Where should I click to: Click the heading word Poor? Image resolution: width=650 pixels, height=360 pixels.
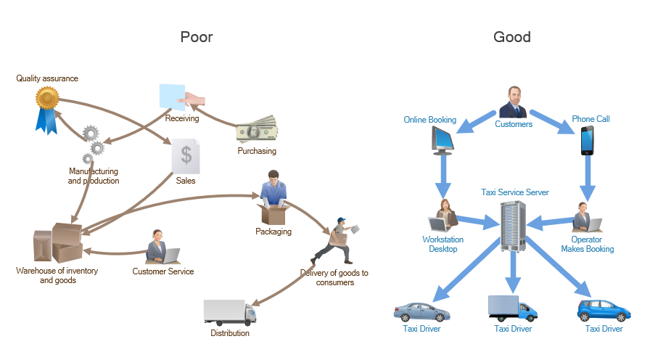coord(196,36)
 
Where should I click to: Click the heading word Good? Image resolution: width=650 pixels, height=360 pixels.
coord(511,36)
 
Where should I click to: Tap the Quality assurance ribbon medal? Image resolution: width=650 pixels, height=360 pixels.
coord(47,107)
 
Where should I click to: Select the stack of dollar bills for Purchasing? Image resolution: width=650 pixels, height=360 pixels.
coord(257,131)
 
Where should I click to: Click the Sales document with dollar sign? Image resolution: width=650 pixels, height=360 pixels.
coord(186,155)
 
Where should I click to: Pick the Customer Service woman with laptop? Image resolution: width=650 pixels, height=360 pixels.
coord(162,247)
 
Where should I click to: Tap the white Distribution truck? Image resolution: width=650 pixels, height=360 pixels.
coord(230,312)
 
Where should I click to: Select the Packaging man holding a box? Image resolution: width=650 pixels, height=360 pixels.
coord(273,200)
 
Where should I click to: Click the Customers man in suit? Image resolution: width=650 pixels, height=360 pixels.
coord(514,102)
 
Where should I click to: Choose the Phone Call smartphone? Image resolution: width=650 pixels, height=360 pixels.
coord(587,141)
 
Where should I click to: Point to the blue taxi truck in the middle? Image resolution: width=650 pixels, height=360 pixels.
coord(512,308)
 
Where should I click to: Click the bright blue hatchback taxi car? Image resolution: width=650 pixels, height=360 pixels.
coord(603,310)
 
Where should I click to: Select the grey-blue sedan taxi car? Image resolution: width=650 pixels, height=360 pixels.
coord(421,311)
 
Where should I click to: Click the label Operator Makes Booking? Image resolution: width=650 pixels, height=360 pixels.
coord(587,245)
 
